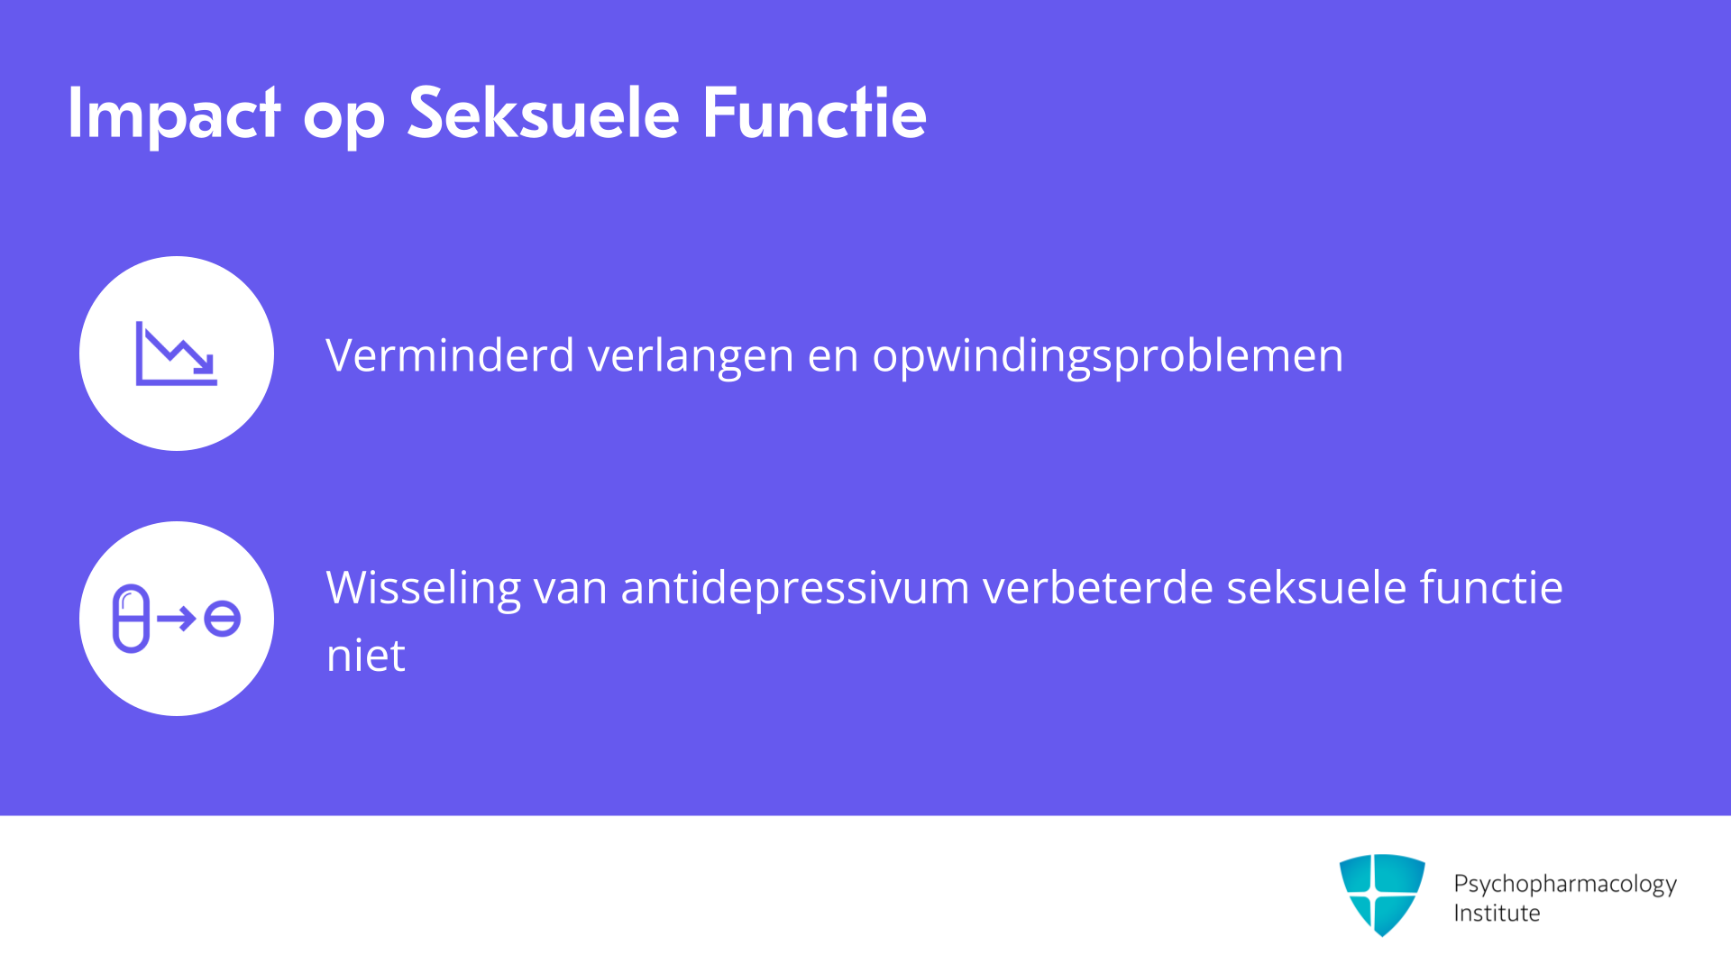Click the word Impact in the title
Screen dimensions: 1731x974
174,115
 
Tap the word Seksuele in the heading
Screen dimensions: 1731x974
543,113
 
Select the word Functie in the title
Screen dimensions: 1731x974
814,113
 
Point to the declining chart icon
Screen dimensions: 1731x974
177,354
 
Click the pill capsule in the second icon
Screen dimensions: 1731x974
131,619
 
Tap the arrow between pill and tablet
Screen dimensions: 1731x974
177,619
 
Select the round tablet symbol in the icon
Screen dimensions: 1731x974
222,619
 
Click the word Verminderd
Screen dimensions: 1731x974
450,354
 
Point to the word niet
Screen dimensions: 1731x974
365,655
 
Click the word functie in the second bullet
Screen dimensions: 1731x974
1491,587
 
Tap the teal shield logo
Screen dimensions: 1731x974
1382,895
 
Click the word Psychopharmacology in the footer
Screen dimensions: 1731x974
1565,885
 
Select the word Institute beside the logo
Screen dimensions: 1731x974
1497,914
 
